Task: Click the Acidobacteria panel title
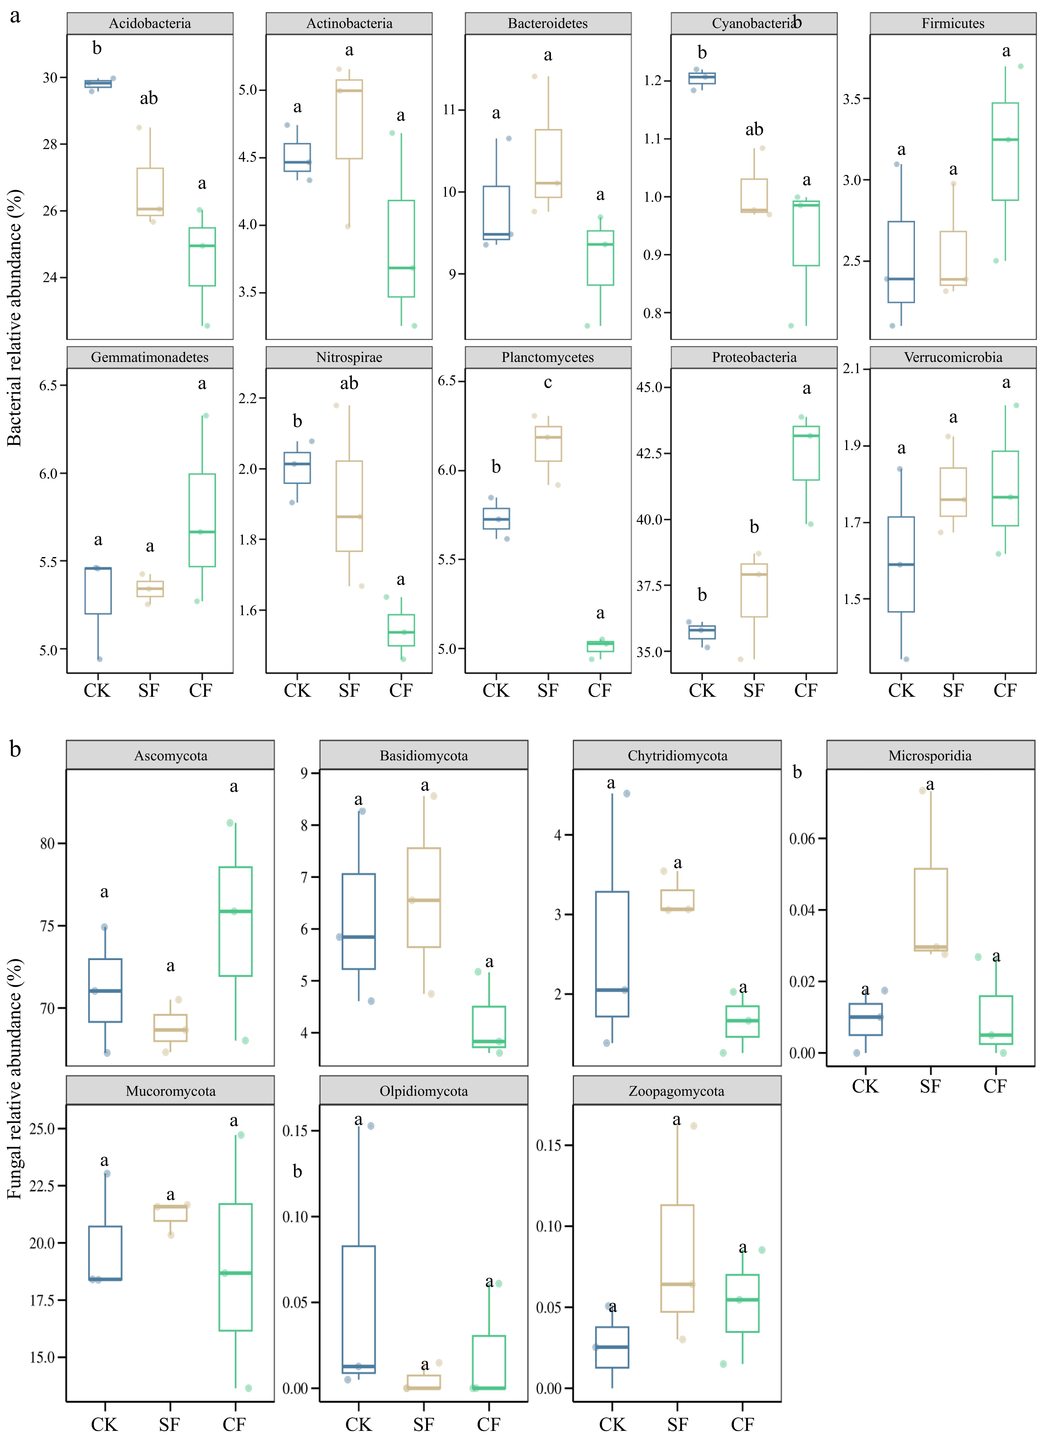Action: [150, 24]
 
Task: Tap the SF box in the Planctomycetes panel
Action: [548, 443]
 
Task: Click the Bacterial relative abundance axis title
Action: [14, 317]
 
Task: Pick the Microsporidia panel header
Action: [930, 756]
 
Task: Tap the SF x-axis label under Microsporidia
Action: [930, 1086]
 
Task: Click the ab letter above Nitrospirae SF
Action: [349, 383]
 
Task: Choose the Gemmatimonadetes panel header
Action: [150, 357]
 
